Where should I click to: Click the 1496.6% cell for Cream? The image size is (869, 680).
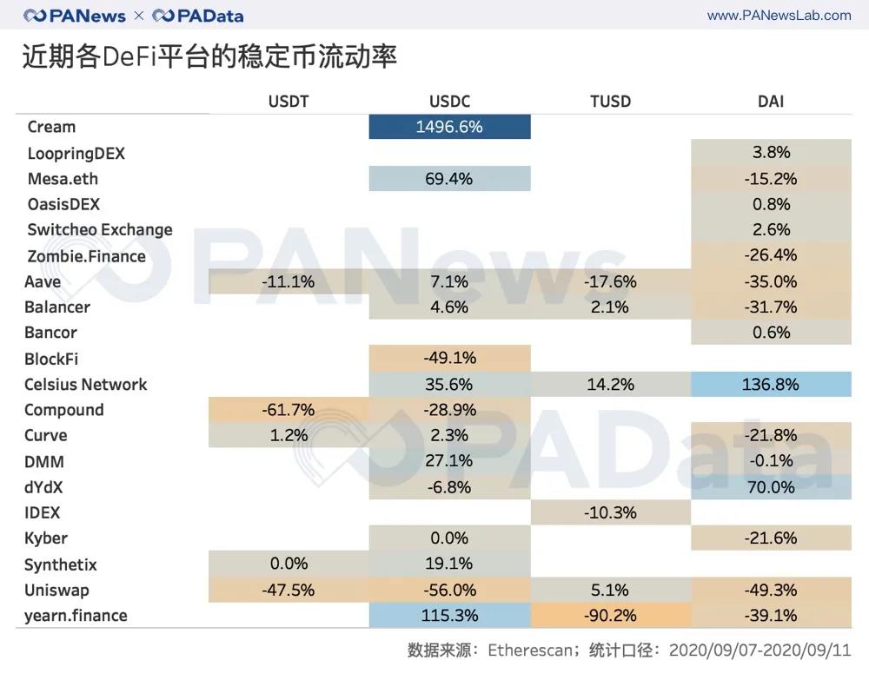pyautogui.click(x=449, y=127)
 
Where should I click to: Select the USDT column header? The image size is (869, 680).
pyautogui.click(x=289, y=102)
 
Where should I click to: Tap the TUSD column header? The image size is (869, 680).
pyautogui.click(x=610, y=102)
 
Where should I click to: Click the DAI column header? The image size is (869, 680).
pyautogui.click(x=771, y=102)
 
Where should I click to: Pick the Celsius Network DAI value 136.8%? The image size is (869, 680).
pyautogui.click(x=771, y=384)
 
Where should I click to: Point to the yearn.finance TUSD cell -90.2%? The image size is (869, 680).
pyautogui.click(x=610, y=615)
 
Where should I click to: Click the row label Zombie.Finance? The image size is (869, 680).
pyautogui.click(x=87, y=256)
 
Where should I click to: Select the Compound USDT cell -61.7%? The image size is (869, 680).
pyautogui.click(x=289, y=410)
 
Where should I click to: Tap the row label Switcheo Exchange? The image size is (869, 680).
pyautogui.click(x=100, y=230)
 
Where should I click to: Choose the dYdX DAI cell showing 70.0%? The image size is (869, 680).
pyautogui.click(x=771, y=487)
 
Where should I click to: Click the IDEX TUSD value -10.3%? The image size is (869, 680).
pyautogui.click(x=610, y=512)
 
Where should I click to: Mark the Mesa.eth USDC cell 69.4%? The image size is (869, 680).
pyautogui.click(x=449, y=179)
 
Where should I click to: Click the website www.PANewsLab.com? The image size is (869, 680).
pyautogui.click(x=779, y=16)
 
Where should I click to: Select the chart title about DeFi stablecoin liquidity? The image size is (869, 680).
pyautogui.click(x=209, y=56)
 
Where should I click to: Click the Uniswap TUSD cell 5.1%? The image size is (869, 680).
pyautogui.click(x=610, y=590)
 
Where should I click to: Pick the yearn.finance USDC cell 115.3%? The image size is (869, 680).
pyautogui.click(x=449, y=615)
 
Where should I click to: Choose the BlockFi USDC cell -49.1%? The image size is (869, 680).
pyautogui.click(x=449, y=358)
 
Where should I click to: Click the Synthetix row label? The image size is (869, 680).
pyautogui.click(x=61, y=564)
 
